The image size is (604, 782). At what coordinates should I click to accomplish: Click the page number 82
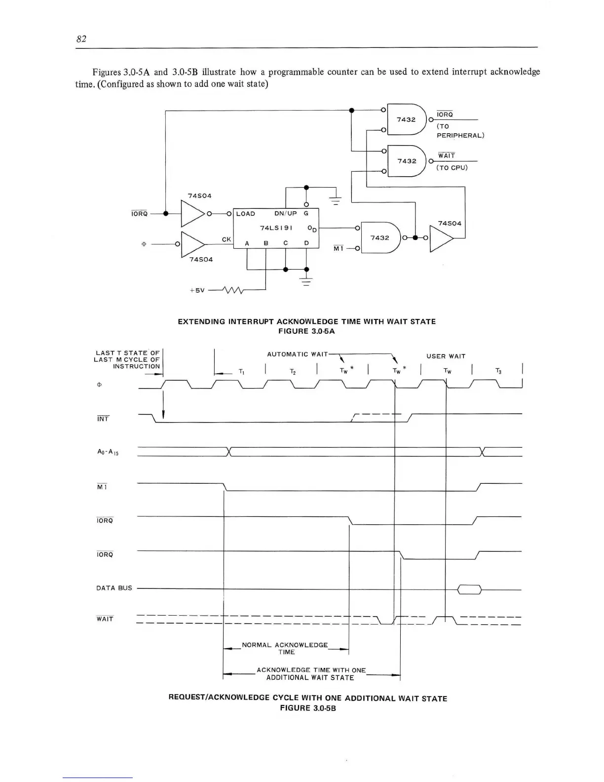[81, 39]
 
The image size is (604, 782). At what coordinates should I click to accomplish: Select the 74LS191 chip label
[276, 228]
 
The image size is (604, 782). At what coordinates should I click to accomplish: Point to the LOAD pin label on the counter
[245, 214]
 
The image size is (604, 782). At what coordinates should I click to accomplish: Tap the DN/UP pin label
[285, 214]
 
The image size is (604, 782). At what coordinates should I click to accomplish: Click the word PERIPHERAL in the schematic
[460, 135]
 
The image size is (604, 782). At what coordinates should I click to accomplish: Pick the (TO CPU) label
[452, 167]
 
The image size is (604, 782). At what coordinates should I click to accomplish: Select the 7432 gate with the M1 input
[380, 238]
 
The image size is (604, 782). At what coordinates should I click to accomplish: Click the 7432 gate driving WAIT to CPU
[407, 161]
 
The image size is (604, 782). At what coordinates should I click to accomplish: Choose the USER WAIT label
[446, 356]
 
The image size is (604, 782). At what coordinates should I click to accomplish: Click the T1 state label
[241, 371]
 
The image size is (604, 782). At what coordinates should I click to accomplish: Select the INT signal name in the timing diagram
[103, 419]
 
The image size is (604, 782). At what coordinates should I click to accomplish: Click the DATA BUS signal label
[114, 588]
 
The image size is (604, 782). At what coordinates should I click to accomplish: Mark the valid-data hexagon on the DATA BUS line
[469, 589]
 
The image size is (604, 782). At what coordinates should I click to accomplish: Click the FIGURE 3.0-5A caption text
[306, 331]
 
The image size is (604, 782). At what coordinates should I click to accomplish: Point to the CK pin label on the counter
[226, 239]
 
